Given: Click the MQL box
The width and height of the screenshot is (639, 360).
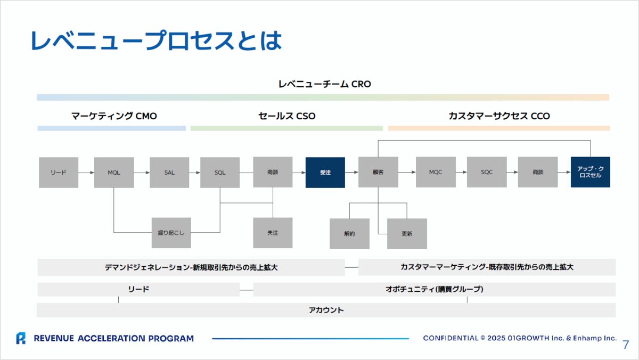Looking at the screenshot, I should [114, 173].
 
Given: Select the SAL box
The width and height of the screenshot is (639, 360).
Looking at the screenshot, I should [169, 173].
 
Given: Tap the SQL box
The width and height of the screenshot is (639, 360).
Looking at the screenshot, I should [220, 173].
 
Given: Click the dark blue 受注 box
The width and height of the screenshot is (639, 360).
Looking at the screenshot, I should [325, 173].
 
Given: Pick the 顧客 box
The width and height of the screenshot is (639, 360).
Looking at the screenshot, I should [378, 173].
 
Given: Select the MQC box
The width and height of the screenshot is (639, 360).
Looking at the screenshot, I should [436, 173].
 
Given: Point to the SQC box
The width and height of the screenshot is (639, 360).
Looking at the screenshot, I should [487, 173].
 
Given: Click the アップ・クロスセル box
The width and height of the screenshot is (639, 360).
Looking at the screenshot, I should [590, 172].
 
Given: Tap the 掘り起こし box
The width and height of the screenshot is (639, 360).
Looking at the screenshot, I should [171, 233].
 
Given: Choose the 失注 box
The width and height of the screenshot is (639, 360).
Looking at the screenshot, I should [273, 233].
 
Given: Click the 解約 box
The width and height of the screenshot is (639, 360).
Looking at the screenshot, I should [349, 234].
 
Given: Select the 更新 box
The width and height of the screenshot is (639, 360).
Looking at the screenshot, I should [407, 234].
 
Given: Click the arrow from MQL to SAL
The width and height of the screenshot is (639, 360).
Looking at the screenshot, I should [142, 173].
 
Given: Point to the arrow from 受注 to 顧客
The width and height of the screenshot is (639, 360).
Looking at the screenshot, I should [351, 173].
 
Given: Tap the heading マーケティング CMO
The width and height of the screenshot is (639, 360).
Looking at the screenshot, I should [114, 116].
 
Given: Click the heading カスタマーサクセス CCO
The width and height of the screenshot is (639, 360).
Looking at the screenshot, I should [499, 116].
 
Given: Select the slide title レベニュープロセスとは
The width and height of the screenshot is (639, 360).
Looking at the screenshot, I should [156, 41].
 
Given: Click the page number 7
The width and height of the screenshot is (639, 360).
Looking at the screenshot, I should [626, 345].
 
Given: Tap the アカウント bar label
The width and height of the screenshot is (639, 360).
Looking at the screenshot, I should [326, 310].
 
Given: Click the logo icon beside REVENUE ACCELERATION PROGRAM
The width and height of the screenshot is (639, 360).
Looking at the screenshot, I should [21, 338].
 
